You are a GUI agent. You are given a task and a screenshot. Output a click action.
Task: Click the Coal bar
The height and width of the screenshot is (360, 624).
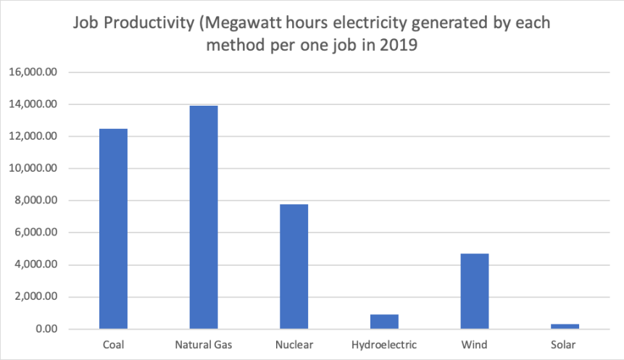coord(113,229)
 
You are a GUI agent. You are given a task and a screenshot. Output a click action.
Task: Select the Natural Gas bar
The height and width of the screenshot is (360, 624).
coord(204,217)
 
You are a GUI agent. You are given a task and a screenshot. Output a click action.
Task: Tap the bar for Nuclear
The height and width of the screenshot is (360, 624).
coord(294,267)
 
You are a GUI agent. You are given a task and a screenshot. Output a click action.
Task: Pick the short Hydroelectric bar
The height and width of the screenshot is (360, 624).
coord(384,322)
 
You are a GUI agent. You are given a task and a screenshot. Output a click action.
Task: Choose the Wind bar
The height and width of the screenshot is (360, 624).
coord(475,291)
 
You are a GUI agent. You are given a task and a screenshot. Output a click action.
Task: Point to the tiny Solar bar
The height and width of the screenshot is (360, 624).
coord(565,327)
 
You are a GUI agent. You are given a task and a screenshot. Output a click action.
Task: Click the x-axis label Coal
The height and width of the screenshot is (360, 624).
coord(113,345)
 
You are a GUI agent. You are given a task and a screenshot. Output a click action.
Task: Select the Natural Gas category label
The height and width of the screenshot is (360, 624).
coord(204,345)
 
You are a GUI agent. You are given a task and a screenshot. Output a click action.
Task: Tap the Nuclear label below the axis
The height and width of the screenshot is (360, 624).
coord(294,345)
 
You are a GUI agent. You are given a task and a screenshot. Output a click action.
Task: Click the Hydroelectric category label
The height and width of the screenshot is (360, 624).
coord(384,345)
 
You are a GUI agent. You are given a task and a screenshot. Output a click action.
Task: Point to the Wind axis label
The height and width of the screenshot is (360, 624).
coord(475,345)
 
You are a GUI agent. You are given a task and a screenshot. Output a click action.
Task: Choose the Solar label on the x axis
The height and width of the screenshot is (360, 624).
coord(565,345)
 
